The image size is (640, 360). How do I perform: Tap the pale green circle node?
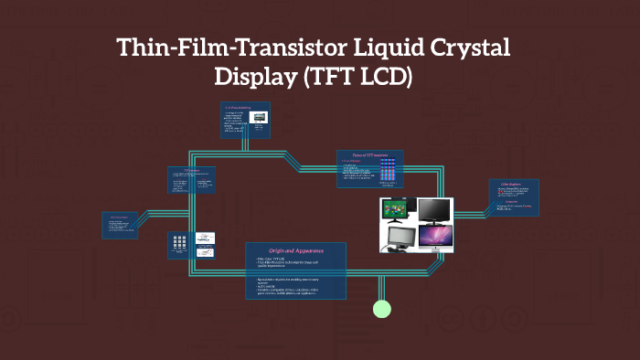pyautogui.click(x=382, y=309)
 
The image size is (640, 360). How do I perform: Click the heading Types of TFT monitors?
pyautogui.click(x=370, y=155)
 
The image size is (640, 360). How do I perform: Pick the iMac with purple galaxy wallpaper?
pyautogui.click(x=434, y=238)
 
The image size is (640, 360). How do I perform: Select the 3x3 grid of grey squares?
pyautogui.click(x=179, y=244)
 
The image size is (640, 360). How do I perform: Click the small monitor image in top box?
pyautogui.click(x=259, y=118)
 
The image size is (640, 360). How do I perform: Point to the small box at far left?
pyautogui.click(x=120, y=225)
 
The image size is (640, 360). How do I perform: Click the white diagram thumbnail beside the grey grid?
pyautogui.click(x=207, y=244)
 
